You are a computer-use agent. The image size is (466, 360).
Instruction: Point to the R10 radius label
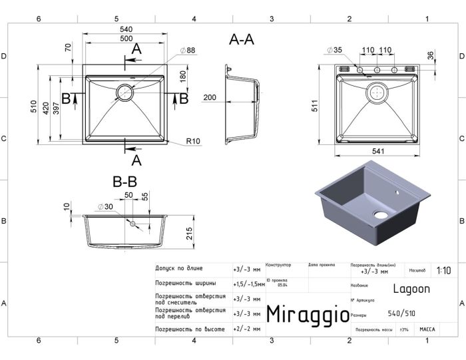click(x=194, y=141)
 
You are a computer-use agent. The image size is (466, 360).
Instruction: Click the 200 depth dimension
click(x=210, y=98)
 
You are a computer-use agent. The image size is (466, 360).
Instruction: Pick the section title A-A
click(x=241, y=40)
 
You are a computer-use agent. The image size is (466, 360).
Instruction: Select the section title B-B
click(x=124, y=181)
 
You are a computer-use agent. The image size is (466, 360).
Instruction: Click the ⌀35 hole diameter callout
click(x=334, y=50)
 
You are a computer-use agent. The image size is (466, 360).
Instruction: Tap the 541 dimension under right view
click(x=377, y=152)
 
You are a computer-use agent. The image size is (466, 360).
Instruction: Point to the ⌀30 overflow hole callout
click(x=103, y=206)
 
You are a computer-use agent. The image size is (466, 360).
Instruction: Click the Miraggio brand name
click(x=307, y=314)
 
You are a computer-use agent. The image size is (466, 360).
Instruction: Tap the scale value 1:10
click(x=444, y=271)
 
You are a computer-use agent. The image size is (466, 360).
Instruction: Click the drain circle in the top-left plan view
click(x=124, y=92)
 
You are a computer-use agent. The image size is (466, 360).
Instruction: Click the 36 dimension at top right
click(x=431, y=55)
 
